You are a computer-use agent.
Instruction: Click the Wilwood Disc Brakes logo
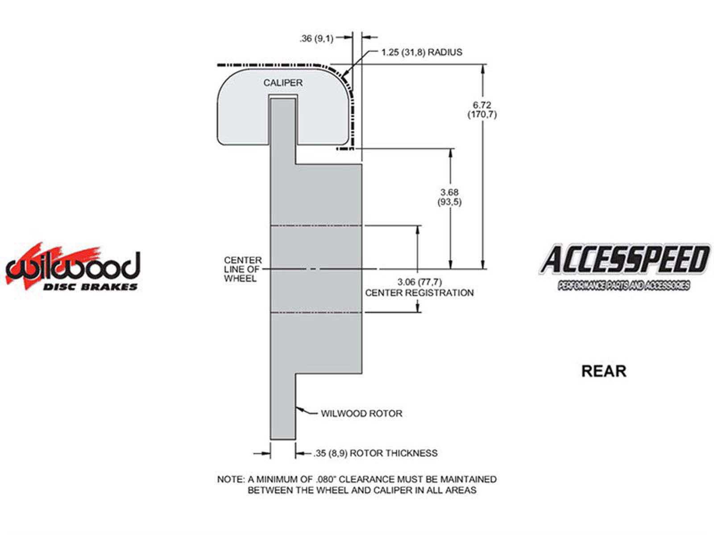[73, 266]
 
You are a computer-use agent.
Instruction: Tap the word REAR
[604, 371]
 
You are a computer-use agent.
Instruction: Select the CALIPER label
[282, 83]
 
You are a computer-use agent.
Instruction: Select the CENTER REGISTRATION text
[419, 292]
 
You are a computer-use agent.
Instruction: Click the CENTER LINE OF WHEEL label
[243, 269]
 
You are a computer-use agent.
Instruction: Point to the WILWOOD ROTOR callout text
[361, 414]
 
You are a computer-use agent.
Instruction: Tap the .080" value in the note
[326, 479]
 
